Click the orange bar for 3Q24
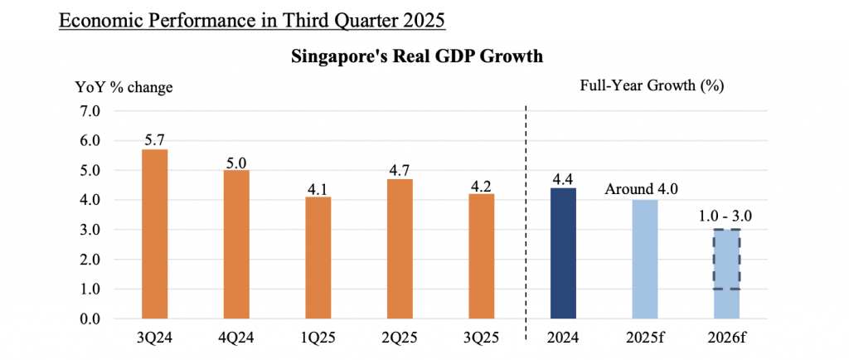[155, 234]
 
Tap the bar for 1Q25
[318, 258]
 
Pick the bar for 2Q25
[399, 249]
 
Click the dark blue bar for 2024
[563, 253]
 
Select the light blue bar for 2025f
[644, 259]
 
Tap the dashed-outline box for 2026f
[725, 259]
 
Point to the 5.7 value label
[155, 141]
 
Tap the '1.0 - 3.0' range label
[725, 219]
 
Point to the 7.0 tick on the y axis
[90, 111]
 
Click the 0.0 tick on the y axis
[90, 319]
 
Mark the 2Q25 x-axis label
[399, 338]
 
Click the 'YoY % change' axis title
[125, 87]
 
